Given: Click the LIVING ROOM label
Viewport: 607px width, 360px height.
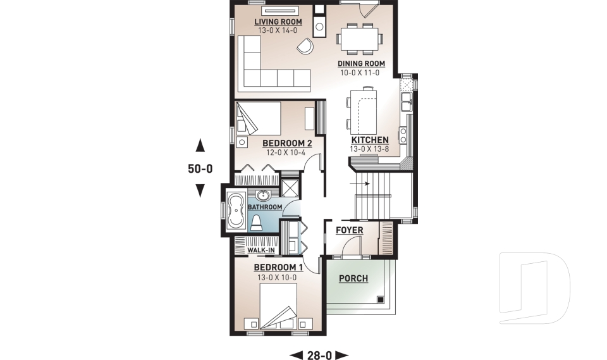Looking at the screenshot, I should [278, 22].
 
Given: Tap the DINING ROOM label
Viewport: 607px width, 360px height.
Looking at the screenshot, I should [361, 64].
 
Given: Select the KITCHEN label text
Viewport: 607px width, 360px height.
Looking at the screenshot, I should [369, 140].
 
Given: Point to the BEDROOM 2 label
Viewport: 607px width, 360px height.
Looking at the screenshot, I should [283, 143].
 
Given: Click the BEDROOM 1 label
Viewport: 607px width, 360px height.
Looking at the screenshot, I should [278, 268].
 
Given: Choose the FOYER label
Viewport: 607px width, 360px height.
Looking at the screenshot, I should [350, 230].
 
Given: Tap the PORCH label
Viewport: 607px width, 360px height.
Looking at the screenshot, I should [353, 278].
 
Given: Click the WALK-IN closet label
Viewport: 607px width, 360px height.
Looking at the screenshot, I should [261, 251].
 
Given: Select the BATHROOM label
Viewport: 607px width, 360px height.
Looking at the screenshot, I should [264, 207].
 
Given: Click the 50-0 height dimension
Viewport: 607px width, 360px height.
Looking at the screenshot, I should [200, 169].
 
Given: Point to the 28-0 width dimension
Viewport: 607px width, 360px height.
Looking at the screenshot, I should [319, 355].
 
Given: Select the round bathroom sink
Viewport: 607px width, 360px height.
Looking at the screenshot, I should [264, 195].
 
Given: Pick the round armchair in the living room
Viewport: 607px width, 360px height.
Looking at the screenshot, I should [305, 46].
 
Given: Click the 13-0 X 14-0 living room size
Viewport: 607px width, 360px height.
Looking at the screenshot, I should [278, 30].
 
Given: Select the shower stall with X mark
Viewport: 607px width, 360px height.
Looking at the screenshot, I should [290, 188].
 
